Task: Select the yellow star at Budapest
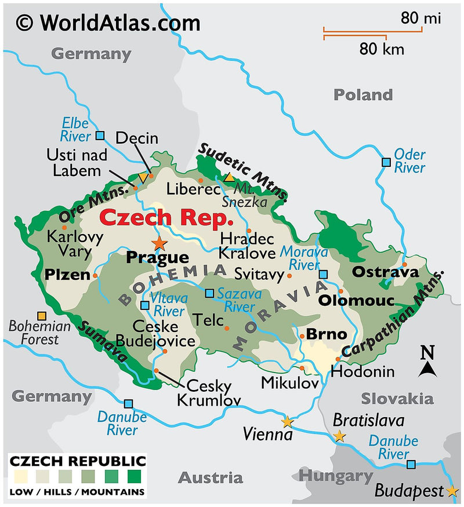point(453,491)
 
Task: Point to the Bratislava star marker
point(339,436)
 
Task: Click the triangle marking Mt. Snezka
point(230,177)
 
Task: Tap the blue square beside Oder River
point(386,162)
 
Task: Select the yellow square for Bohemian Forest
point(41,316)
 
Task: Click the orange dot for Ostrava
point(405,265)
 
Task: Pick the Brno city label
point(326,334)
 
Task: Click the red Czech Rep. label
point(166,218)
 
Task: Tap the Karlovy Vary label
point(75,244)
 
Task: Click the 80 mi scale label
point(420,19)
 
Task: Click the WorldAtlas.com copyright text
point(108,23)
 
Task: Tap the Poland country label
point(362,94)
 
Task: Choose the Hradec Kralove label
point(246,246)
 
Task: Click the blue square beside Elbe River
point(100,136)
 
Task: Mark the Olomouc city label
point(356,301)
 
